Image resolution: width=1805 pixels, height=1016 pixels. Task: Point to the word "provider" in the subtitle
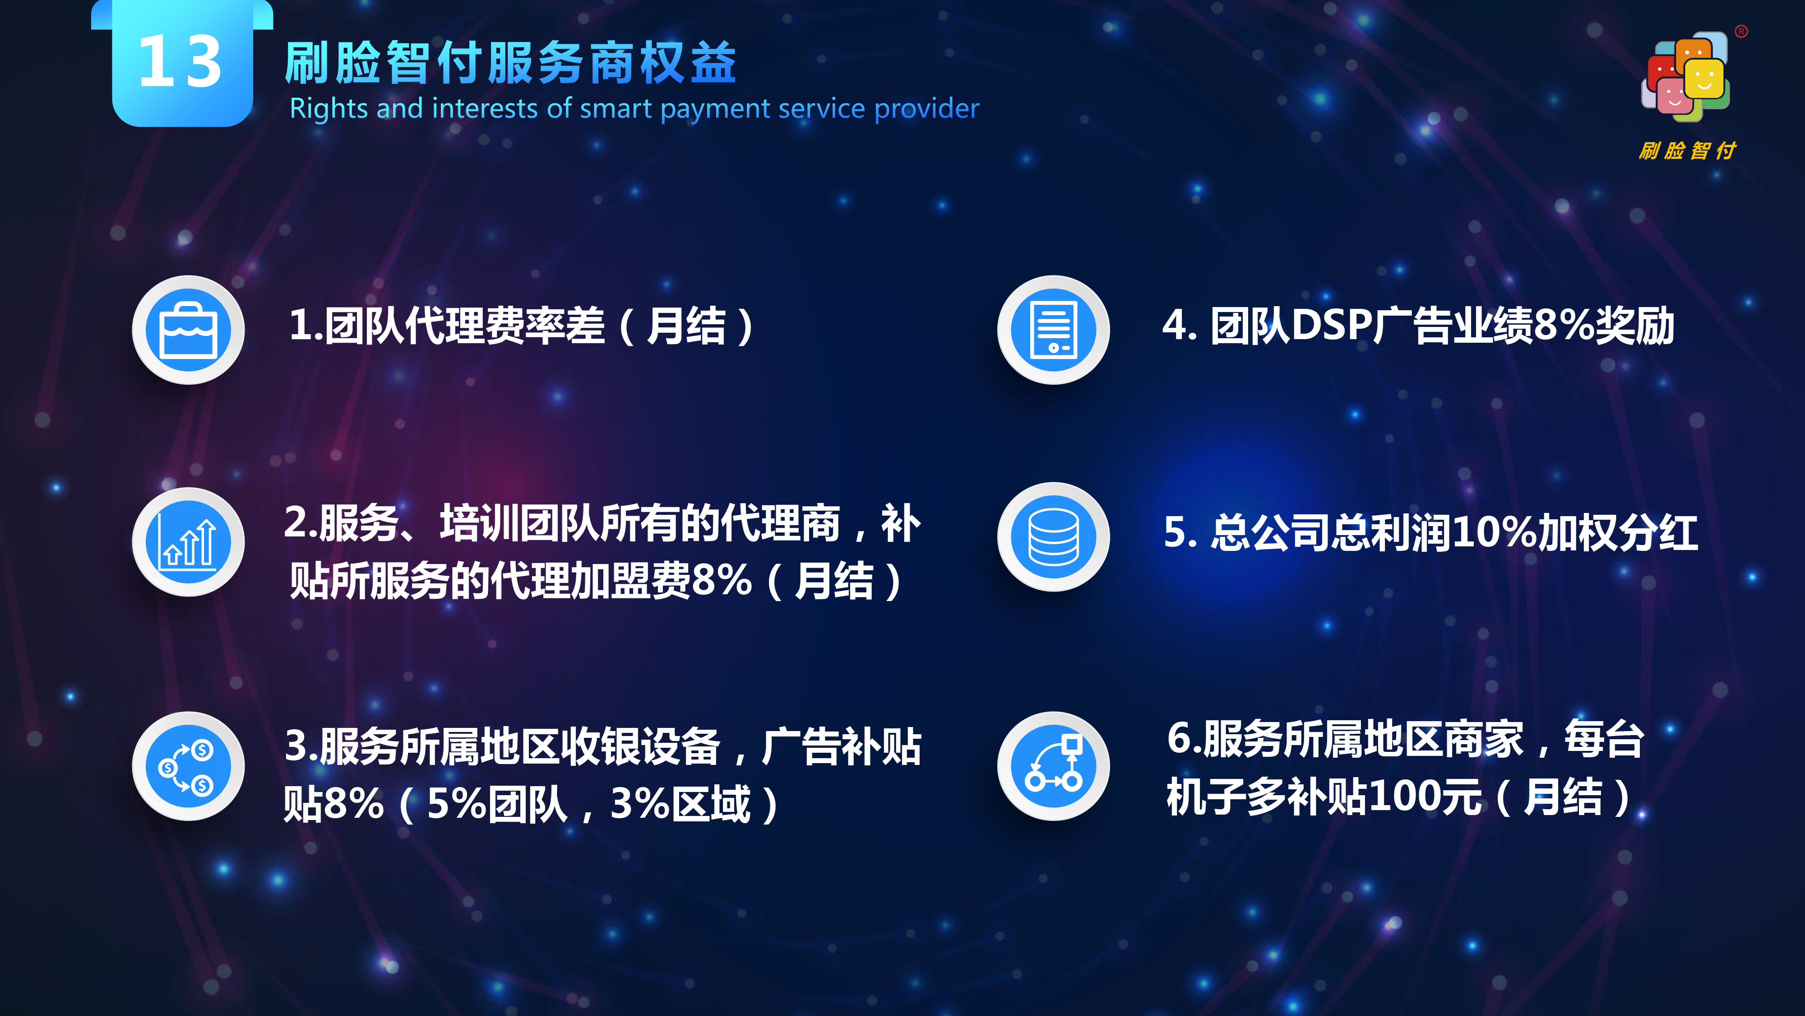926,109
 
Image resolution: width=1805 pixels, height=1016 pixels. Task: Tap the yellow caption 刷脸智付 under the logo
1687,150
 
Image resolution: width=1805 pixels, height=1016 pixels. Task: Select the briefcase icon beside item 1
189,330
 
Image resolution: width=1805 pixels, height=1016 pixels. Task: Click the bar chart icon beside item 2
189,542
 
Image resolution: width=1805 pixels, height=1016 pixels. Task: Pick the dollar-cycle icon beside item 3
189,766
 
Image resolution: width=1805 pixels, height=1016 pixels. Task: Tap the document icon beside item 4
1054,330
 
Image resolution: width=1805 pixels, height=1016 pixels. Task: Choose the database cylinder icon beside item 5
1054,537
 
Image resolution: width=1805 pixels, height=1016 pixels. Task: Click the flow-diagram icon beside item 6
1054,766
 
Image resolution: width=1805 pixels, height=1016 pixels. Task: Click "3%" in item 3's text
640,804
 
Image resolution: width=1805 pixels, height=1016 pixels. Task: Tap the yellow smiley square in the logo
1704,79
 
